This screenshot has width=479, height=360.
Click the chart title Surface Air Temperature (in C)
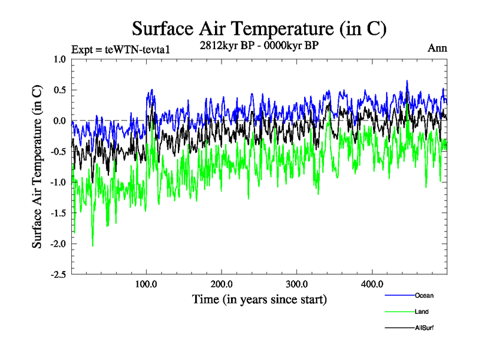coord(259,28)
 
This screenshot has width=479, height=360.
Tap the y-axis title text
coord(37,166)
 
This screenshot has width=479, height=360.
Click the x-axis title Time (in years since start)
coord(259,299)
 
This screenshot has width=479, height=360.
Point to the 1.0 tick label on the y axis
coord(59,59)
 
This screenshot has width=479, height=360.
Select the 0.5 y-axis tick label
coord(59,90)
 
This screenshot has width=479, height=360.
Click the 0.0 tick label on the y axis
coord(59,121)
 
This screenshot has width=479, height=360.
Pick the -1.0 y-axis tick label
coord(58,182)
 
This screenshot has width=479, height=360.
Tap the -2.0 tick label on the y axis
coord(58,244)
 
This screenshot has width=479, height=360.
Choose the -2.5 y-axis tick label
coord(58,274)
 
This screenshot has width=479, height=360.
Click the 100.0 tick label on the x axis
coord(147,284)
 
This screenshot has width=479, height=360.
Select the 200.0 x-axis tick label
coord(222,284)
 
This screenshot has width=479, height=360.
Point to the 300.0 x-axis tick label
coord(297,284)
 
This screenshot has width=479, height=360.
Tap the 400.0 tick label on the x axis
coord(372,284)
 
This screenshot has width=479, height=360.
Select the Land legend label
coord(422,311)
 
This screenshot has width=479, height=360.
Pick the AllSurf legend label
coord(425,328)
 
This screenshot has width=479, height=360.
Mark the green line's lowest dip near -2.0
coord(92,245)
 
